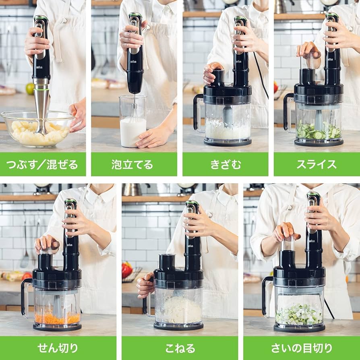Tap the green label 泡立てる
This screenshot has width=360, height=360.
[x=132, y=164]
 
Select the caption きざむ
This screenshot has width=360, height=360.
[x=225, y=164]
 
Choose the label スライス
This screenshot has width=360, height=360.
[x=317, y=164]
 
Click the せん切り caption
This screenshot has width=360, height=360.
[x=58, y=348]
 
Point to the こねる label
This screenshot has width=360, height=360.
[x=180, y=348]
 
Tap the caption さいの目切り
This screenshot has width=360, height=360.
[x=302, y=348]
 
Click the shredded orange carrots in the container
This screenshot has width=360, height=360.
[x=57, y=318]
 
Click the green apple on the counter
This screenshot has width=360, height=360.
[x=30, y=88]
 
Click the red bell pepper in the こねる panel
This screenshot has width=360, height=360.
[x=127, y=270]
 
